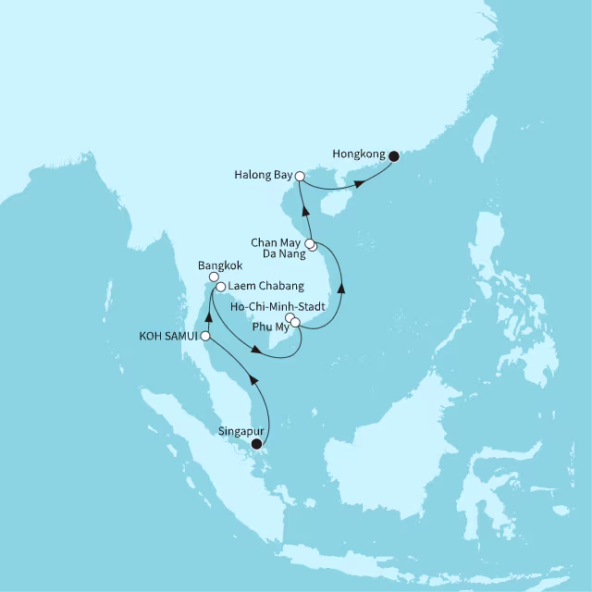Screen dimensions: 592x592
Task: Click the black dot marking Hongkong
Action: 393,155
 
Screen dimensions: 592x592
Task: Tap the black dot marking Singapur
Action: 257,444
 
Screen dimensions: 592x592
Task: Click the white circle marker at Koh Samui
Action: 205,337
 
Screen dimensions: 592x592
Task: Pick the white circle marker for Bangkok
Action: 213,277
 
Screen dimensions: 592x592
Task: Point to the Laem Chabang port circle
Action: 221,288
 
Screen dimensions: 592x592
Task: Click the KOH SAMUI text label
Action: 168,337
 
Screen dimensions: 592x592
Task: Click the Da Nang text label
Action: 281,252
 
